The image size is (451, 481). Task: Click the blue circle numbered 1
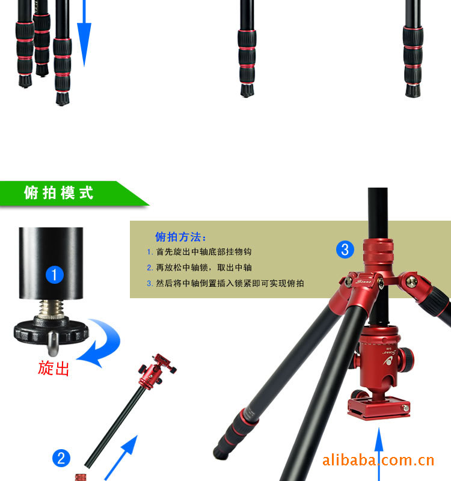pyautogui.click(x=55, y=275)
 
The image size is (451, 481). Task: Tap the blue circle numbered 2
pyautogui.click(x=61, y=458)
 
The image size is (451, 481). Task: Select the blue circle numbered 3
pyautogui.click(x=345, y=250)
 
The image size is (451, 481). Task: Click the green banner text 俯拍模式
pyautogui.click(x=58, y=193)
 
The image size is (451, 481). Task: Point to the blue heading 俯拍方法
pyautogui.click(x=181, y=237)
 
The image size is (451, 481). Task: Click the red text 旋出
pyautogui.click(x=54, y=368)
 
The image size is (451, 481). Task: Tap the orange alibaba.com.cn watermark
pyautogui.click(x=378, y=461)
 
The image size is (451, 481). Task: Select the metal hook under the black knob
pyautogui.click(x=53, y=343)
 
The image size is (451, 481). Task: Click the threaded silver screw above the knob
pyautogui.click(x=51, y=308)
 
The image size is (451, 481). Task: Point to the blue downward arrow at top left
pyautogui.click(x=84, y=33)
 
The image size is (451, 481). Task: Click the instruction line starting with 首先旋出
pyautogui.click(x=199, y=252)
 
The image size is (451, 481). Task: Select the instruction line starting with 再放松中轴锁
pyautogui.click(x=199, y=268)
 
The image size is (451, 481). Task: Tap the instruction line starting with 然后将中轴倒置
pyautogui.click(x=225, y=283)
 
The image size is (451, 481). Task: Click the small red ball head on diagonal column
pyautogui.click(x=156, y=371)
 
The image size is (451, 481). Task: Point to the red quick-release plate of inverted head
pyautogui.click(x=379, y=407)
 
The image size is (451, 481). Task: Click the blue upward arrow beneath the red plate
pyautogui.click(x=379, y=454)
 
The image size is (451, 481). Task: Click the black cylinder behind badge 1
pyautogui.click(x=51, y=263)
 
